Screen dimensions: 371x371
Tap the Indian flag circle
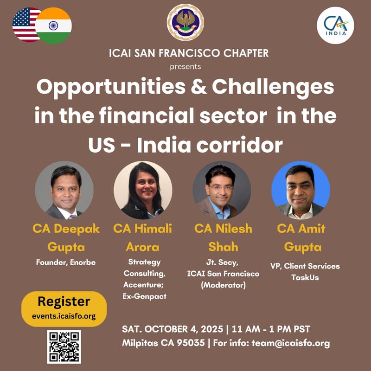coord(54,26)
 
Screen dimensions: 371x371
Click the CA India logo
coord(335,26)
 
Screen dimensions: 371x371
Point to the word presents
coord(185,66)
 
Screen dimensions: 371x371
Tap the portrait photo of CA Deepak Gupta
coord(64,190)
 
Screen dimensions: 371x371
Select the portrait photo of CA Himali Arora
coord(143,190)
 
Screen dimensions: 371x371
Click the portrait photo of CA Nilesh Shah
coord(222,190)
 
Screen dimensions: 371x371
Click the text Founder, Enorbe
coord(66,262)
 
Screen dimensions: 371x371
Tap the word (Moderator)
coord(223,285)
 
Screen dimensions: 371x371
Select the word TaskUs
coord(305,277)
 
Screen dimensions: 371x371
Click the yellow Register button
coord(64,308)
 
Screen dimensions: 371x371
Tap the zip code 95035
coord(189,344)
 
